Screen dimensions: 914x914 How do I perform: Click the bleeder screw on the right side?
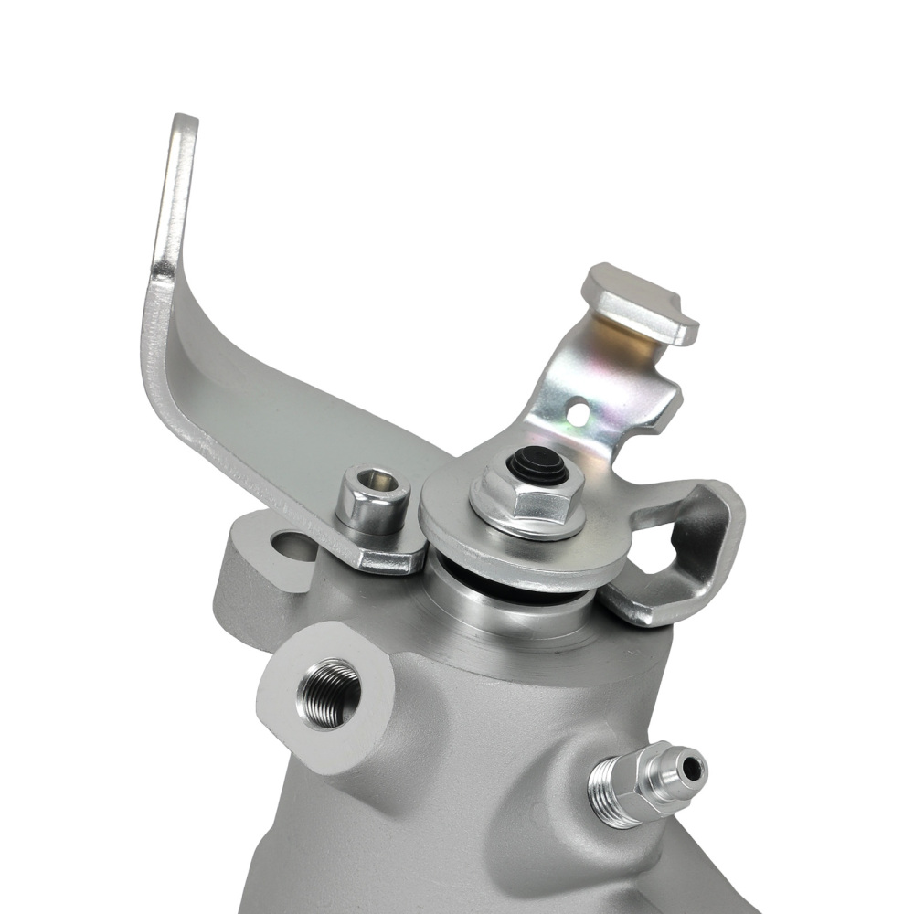(x=645, y=782)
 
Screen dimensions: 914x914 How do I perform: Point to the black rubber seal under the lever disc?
(x=512, y=585)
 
